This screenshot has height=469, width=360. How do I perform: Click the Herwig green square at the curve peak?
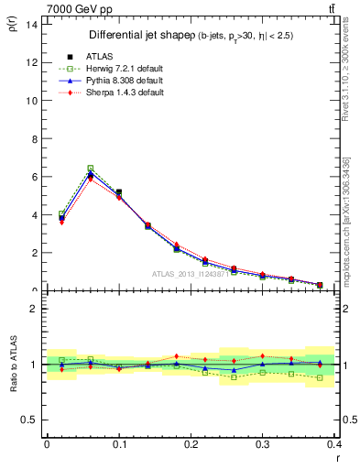pyautogui.click(x=90, y=169)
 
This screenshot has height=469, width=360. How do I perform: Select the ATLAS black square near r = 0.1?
pyautogui.click(x=119, y=192)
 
